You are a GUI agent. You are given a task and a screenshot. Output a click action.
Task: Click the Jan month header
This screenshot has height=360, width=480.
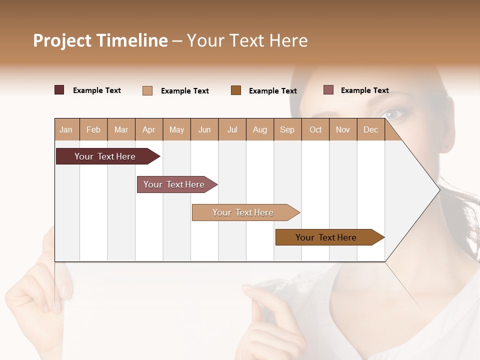[66, 129]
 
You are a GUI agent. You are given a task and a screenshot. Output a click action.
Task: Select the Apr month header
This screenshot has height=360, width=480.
[149, 129]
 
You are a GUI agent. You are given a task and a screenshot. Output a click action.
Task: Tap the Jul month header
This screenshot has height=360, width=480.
[232, 129]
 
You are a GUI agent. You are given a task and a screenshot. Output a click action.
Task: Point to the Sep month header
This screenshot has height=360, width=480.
[287, 129]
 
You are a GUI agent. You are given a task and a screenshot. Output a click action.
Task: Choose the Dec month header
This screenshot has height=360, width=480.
[370, 129]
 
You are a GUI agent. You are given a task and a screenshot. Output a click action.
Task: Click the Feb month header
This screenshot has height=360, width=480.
[93, 129]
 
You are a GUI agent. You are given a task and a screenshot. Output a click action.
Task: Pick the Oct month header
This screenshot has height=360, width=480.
[315, 129]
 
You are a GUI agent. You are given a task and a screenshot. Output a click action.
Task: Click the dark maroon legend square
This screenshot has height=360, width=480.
[59, 90]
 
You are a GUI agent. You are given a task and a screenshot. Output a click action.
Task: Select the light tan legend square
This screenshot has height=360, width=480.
[147, 90]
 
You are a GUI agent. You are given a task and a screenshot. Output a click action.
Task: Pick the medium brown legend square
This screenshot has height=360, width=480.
[236, 90]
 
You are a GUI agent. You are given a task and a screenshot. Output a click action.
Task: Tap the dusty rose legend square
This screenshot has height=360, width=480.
[328, 90]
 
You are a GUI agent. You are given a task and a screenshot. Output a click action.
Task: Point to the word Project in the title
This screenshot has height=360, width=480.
[62, 40]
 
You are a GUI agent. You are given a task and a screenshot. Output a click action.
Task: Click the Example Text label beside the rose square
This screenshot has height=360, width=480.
[364, 90]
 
